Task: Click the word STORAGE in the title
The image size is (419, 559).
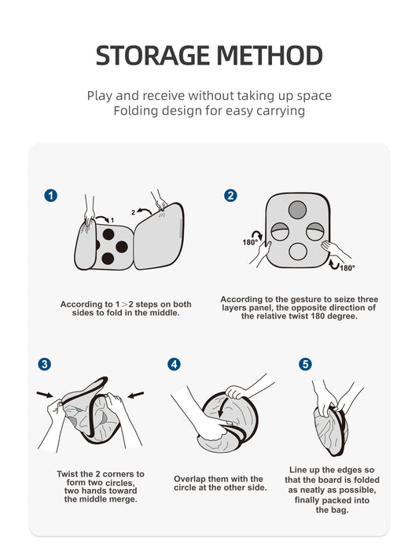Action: [x=153, y=55]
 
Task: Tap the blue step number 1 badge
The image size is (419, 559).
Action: [x=50, y=195]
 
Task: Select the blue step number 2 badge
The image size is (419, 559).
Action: [x=230, y=195]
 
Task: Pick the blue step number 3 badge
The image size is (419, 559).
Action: [x=45, y=364]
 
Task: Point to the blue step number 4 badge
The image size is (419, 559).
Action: [x=174, y=364]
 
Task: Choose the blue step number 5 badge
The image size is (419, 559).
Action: [x=305, y=364]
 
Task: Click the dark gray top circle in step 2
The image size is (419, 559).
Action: [x=297, y=210]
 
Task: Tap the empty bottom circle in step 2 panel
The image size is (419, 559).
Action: [x=298, y=252]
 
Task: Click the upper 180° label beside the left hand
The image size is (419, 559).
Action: [x=249, y=242]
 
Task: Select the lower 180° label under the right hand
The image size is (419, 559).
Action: [x=347, y=268]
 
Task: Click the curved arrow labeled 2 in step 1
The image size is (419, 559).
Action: [x=145, y=211]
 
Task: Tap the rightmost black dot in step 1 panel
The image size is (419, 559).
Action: [x=122, y=247]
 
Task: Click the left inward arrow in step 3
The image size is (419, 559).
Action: [x=45, y=395]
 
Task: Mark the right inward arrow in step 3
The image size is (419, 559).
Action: [x=136, y=395]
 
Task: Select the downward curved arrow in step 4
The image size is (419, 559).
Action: [x=222, y=407]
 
